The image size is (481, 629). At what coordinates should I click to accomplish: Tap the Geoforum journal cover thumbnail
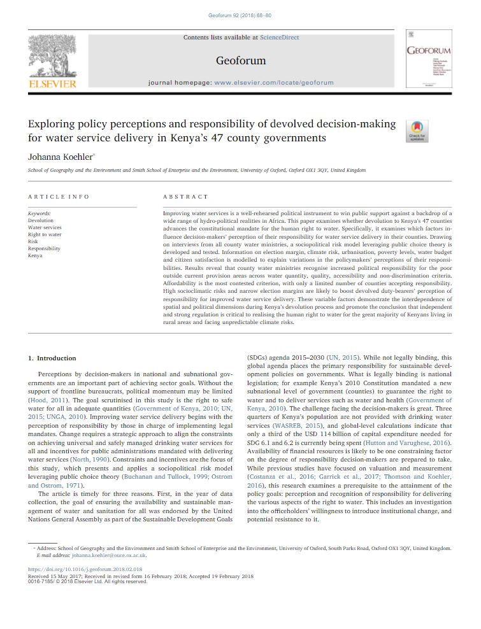click(x=429, y=58)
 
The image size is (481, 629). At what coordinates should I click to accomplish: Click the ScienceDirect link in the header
click(x=279, y=38)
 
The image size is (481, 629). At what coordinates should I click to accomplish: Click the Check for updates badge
click(x=417, y=131)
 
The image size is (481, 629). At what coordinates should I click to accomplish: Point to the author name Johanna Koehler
click(x=61, y=156)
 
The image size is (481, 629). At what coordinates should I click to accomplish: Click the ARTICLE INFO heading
click(x=59, y=197)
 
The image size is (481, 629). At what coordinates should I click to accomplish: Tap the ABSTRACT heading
click(x=185, y=197)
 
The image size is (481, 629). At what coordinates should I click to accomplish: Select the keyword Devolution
click(x=41, y=220)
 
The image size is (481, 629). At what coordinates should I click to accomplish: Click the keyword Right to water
click(x=45, y=234)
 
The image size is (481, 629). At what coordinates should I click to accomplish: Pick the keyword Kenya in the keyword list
click(x=35, y=255)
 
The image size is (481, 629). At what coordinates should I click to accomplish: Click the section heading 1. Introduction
click(x=52, y=358)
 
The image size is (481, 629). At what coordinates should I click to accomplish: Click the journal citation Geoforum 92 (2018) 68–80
click(x=240, y=15)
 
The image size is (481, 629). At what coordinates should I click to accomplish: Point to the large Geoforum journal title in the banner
click(x=241, y=61)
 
